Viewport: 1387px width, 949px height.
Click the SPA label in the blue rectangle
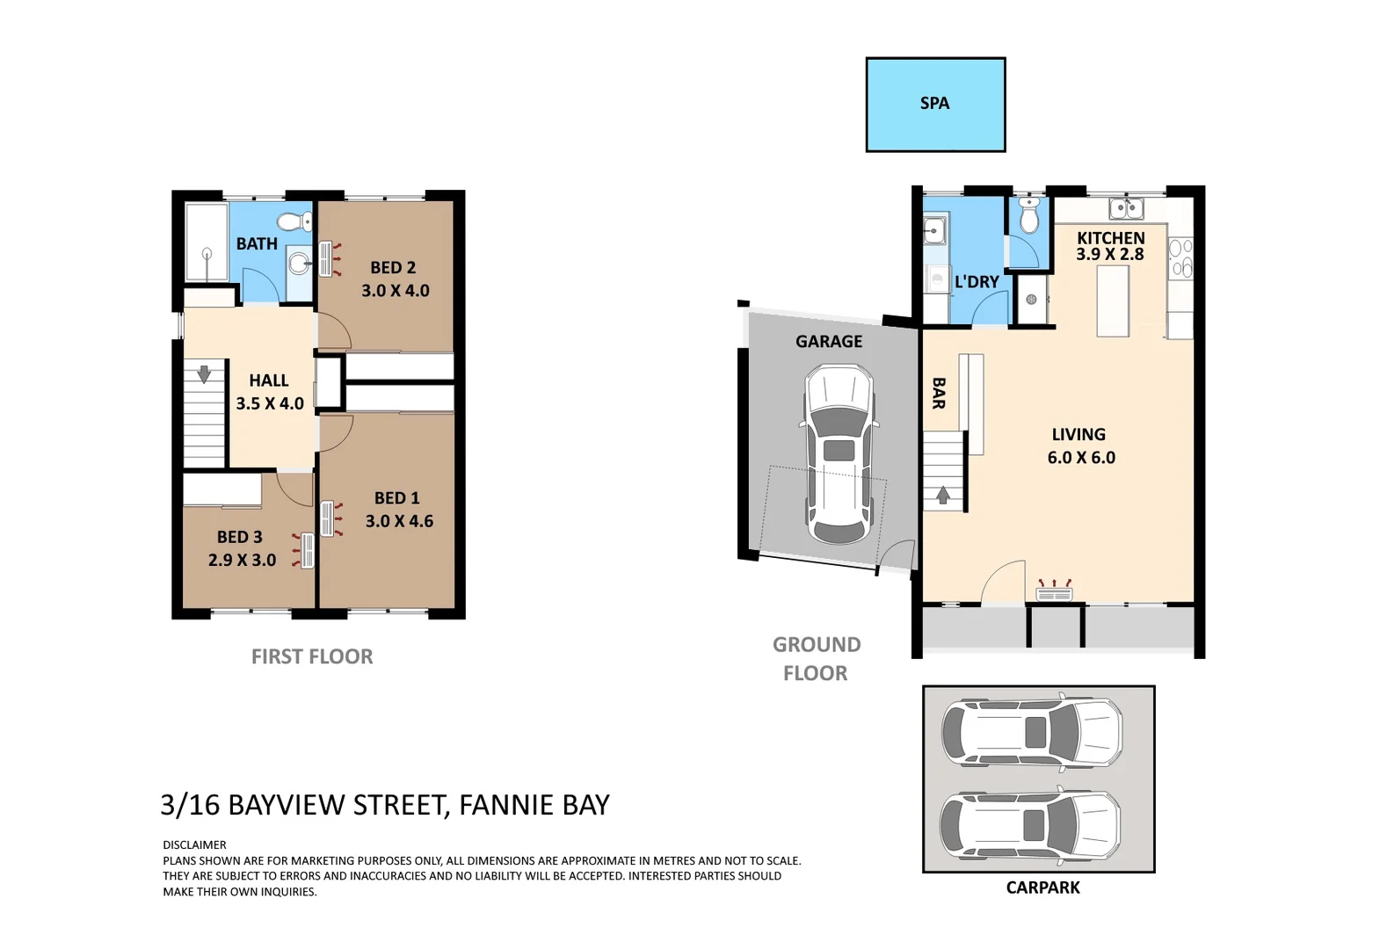(934, 104)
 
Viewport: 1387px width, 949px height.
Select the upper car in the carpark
(1031, 731)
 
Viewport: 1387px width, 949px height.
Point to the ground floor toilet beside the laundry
(1028, 216)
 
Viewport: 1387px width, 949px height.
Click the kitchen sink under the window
(1126, 208)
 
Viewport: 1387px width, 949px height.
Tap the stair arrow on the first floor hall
(204, 374)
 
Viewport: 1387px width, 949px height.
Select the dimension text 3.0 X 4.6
(399, 521)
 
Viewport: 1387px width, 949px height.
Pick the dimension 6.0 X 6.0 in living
(1081, 458)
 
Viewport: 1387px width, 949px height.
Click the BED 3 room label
(239, 537)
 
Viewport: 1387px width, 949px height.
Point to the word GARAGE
(829, 342)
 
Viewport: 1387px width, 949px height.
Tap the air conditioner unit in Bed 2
(326, 260)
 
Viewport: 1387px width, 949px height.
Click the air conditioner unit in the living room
(1055, 594)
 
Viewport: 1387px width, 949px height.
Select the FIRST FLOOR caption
(312, 656)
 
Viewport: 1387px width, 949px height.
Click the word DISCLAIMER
(194, 844)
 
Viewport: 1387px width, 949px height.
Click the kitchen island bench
(1112, 301)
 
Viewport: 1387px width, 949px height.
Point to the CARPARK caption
(1042, 887)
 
